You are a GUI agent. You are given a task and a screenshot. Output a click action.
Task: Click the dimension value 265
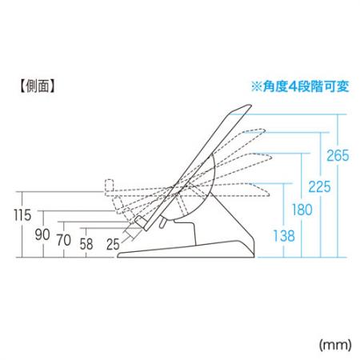tap(338, 155)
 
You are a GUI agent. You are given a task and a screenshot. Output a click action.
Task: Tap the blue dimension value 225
tap(319, 186)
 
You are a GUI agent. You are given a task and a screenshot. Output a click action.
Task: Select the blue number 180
tap(302, 210)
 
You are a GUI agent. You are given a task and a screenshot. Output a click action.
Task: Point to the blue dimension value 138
tap(284, 236)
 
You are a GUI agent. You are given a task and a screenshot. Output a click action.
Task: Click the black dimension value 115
tap(22, 215)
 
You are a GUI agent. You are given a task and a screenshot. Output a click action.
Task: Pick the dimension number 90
tap(42, 234)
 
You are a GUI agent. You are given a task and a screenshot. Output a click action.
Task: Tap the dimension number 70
tap(64, 240)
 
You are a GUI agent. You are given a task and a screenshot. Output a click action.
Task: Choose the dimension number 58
tap(86, 244)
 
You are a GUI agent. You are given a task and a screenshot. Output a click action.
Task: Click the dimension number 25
tap(113, 244)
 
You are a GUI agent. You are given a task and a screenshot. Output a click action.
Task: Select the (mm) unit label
tap(335, 345)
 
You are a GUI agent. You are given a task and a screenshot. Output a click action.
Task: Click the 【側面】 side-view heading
tap(38, 86)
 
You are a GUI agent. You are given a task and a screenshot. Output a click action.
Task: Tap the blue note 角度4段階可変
tap(306, 86)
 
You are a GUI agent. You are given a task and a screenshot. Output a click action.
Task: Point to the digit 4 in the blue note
tap(294, 86)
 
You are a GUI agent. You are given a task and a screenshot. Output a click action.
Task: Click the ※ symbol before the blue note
tap(257, 86)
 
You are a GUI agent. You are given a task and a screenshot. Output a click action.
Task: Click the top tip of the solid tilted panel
tap(250, 105)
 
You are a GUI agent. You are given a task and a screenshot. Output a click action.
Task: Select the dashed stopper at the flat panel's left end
tap(110, 186)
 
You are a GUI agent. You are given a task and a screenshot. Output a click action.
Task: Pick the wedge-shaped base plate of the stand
tap(186, 250)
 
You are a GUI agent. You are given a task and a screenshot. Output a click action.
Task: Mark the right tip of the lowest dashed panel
tap(269, 194)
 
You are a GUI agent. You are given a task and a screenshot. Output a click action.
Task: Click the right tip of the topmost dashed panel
tap(265, 130)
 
